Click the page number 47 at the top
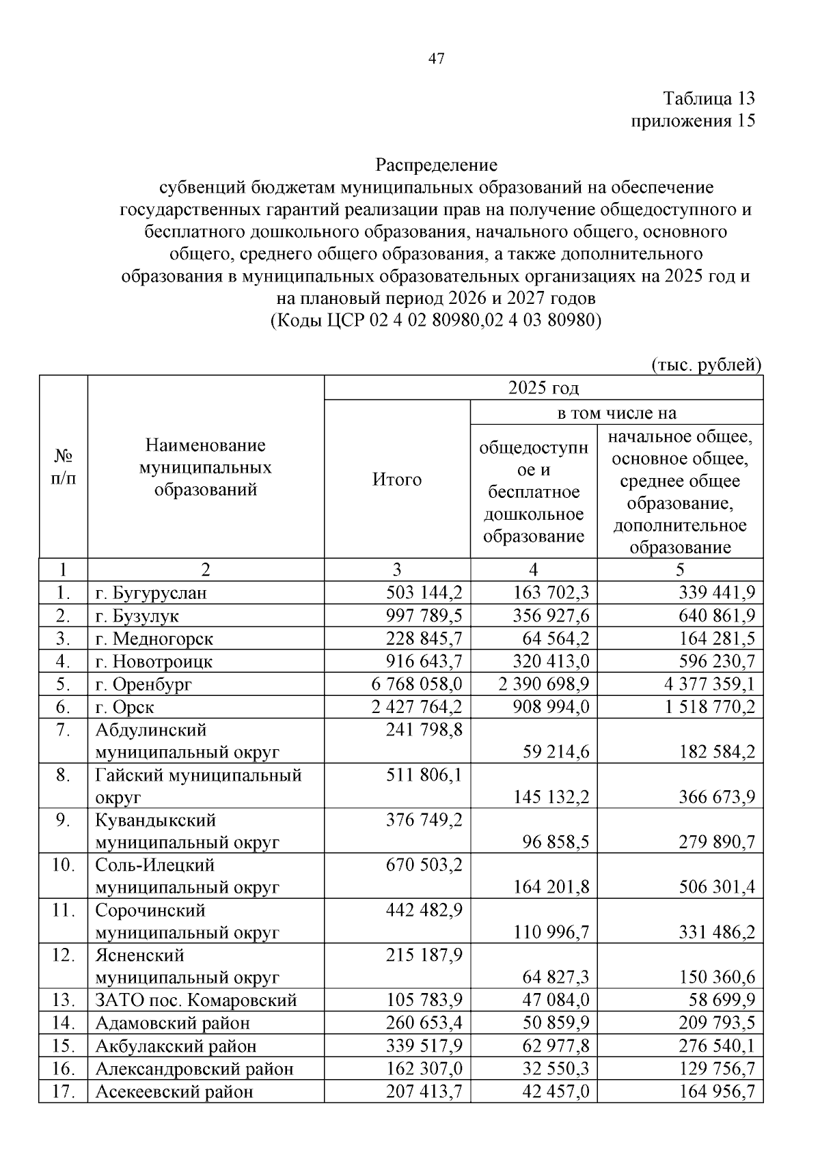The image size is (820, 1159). point(436,59)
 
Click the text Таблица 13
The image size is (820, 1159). point(709,98)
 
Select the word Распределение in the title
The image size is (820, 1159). point(436,165)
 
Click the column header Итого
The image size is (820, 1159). point(396,479)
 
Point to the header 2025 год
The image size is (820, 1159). point(543,388)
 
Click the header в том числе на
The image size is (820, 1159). point(616,413)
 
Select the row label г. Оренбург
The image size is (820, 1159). point(143,684)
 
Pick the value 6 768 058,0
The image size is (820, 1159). point(416,684)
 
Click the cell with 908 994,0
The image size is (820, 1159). point(551,707)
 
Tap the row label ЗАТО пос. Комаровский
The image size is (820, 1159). point(195,1001)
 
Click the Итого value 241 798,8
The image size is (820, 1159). point(424,730)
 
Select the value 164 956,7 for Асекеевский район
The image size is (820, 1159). point(716,1091)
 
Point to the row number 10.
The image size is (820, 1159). point(63,865)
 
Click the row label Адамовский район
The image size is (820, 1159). point(172,1023)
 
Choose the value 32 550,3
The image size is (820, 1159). point(551,1069)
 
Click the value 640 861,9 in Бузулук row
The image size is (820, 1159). point(716,616)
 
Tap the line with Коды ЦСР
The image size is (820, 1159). point(436,320)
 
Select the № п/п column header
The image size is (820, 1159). point(63,467)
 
